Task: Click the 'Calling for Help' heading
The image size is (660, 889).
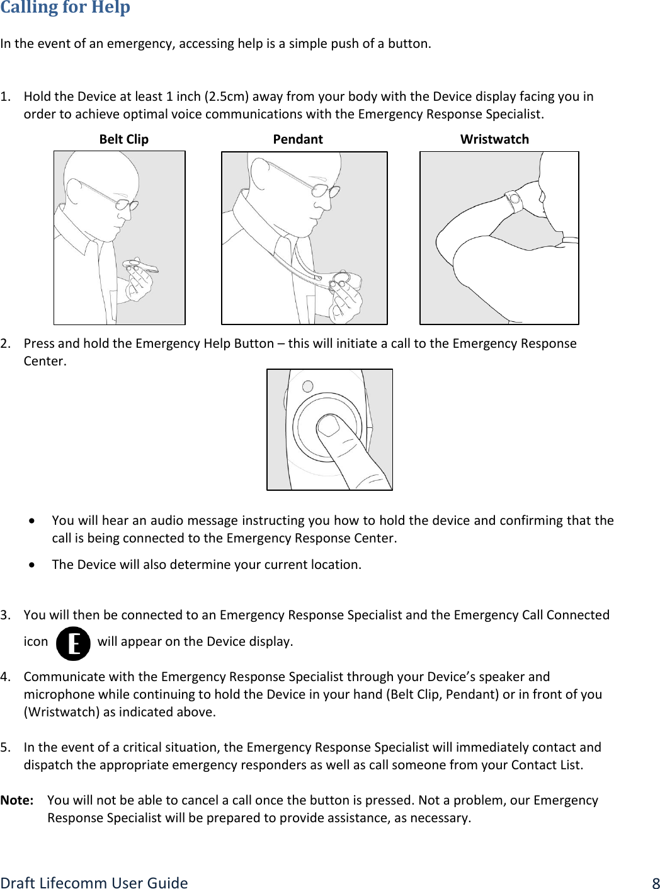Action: click(x=65, y=8)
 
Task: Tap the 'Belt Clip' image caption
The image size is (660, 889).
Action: click(x=123, y=139)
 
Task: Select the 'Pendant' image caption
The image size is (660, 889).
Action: click(x=297, y=139)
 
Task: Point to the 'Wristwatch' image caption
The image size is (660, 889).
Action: click(x=494, y=139)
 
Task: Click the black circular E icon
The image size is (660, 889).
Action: click(x=73, y=643)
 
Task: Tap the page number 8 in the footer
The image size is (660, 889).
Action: click(x=655, y=883)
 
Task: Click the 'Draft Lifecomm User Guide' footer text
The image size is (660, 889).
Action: click(x=94, y=883)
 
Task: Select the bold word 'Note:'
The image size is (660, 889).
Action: click(x=17, y=800)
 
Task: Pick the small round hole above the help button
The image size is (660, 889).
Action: click(x=308, y=386)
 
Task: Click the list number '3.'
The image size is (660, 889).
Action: click(x=6, y=615)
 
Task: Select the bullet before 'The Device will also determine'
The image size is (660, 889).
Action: click(x=32, y=565)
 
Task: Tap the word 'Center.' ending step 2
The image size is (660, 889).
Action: click(x=45, y=361)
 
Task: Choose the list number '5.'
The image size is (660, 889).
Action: click(x=6, y=747)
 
